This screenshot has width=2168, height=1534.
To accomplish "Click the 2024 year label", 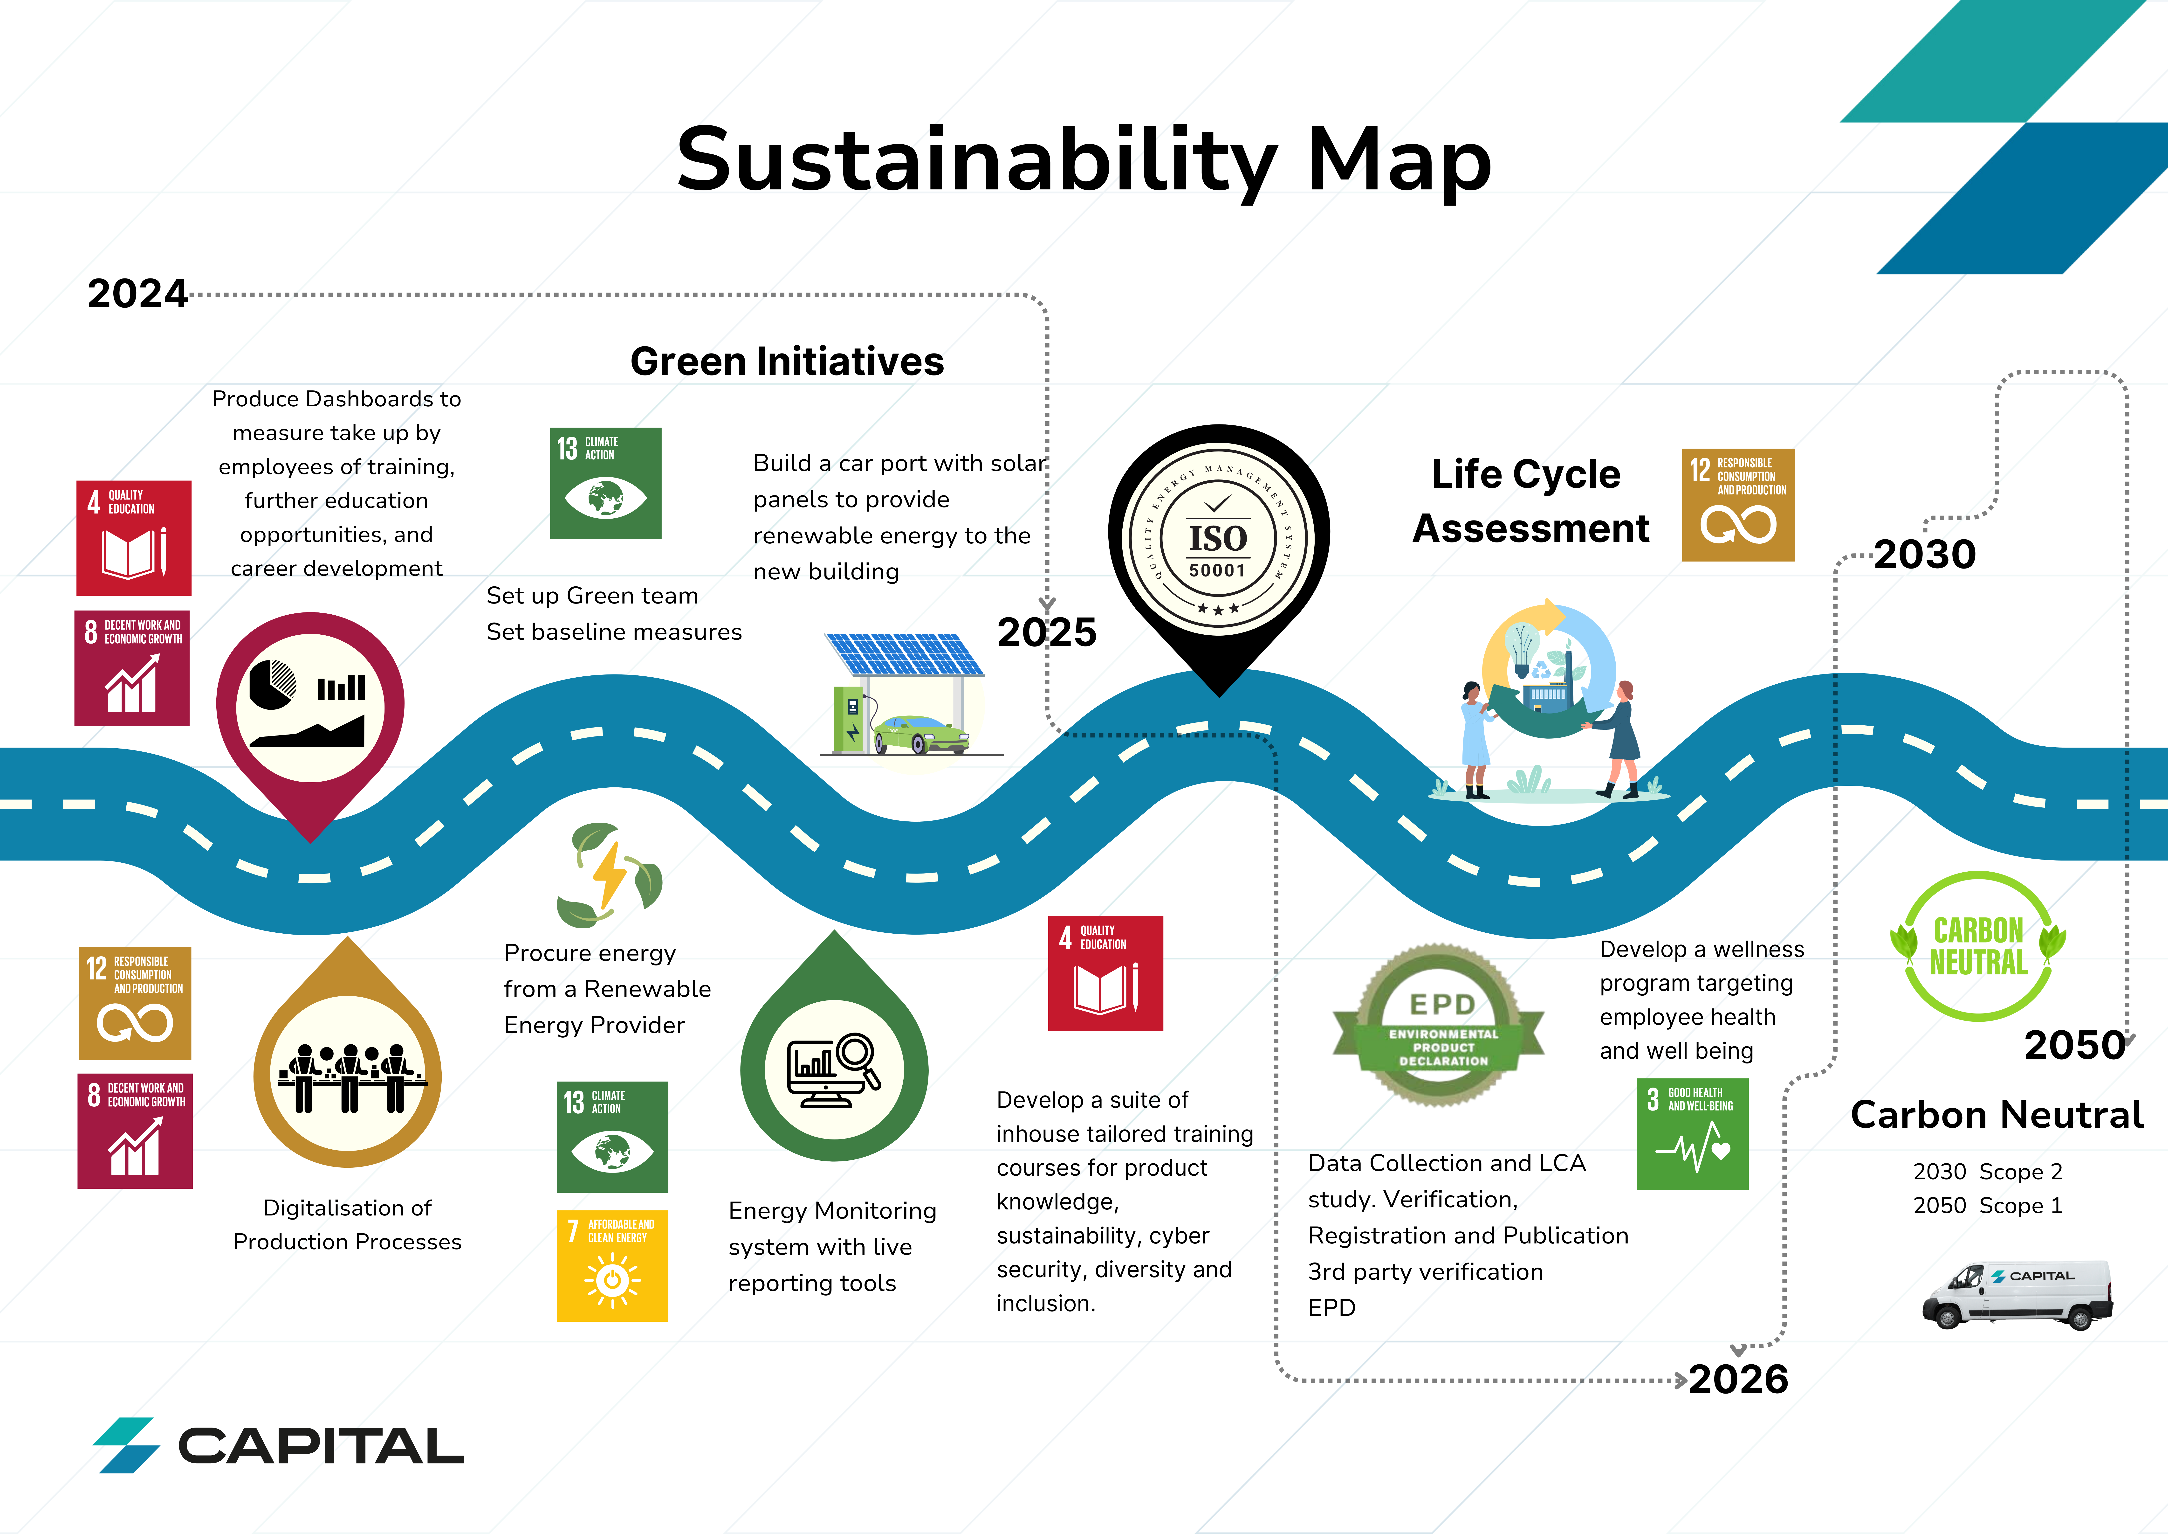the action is (138, 294).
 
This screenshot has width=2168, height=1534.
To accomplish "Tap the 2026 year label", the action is (1738, 1379).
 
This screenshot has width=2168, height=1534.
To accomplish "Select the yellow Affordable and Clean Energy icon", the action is (612, 1266).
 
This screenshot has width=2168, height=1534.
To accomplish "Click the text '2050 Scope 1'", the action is (1988, 1205).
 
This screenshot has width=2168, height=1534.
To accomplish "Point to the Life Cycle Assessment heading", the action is (1531, 501).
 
